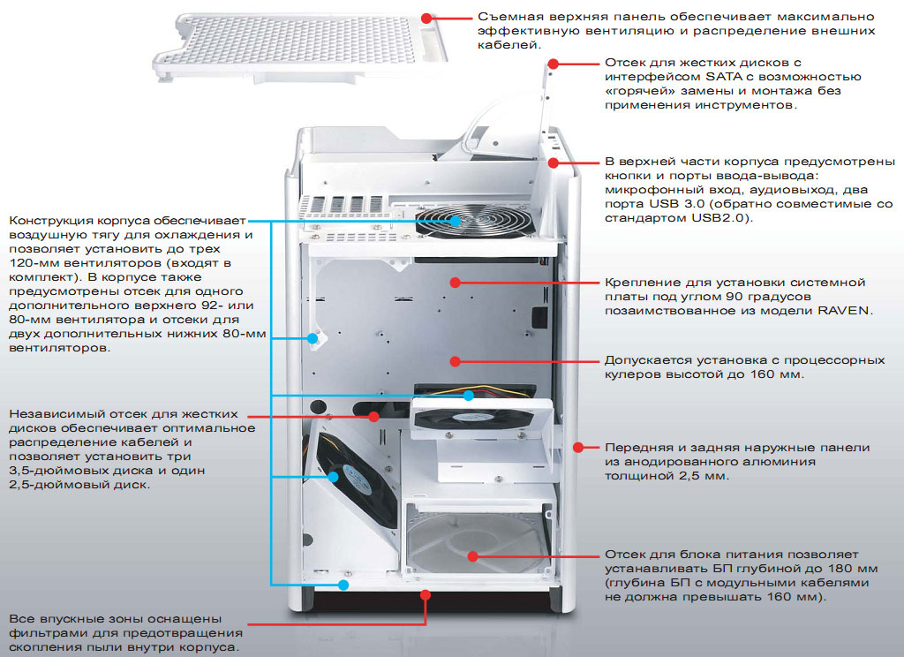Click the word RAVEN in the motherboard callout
point(845,311)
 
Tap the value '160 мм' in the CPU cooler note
point(776,374)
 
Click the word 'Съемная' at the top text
point(509,17)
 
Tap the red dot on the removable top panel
point(427,17)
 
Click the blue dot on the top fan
point(456,221)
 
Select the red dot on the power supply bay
point(472,556)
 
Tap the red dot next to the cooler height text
point(456,360)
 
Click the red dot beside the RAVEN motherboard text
point(456,283)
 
